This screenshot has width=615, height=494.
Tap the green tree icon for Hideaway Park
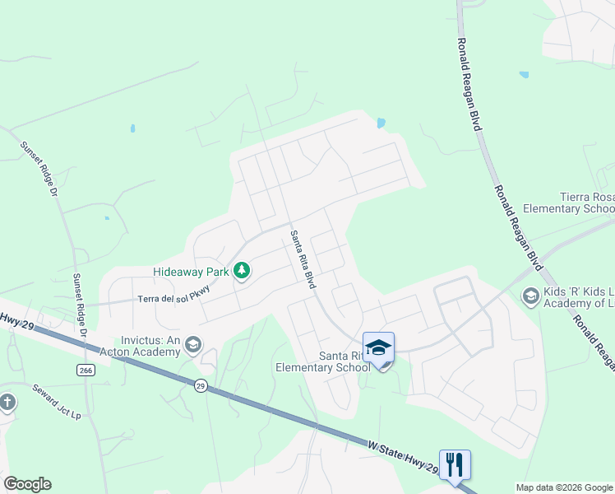[x=242, y=270]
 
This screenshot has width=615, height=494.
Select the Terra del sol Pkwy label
[x=174, y=299]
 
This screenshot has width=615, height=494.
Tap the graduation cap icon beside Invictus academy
[x=193, y=344]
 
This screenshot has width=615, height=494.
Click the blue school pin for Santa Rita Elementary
[x=378, y=347]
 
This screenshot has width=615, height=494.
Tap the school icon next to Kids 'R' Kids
[x=530, y=296]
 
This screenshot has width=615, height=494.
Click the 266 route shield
[x=86, y=370]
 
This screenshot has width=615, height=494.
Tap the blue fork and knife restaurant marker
[x=454, y=464]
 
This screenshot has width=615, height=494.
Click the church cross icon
[x=7, y=403]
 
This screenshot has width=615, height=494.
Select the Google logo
[x=27, y=484]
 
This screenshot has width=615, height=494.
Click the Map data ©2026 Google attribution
[x=564, y=487]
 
